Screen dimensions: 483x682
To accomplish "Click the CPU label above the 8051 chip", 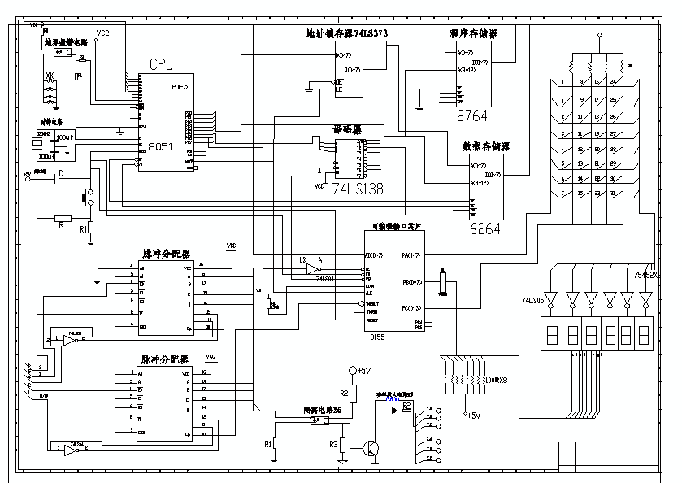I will click(162, 64).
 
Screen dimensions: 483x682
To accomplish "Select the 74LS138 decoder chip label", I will click(357, 187).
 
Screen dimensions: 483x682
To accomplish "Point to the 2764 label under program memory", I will click(472, 115).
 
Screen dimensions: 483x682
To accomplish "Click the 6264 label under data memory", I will click(484, 229).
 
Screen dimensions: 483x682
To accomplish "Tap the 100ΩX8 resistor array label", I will click(496, 380).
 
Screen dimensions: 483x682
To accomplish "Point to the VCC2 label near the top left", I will click(102, 33).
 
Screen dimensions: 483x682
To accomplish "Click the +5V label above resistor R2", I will click(363, 371).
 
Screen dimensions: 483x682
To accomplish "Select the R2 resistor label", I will click(344, 394).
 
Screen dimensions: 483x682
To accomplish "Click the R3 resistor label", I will click(333, 444).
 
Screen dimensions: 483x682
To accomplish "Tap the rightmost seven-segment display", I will click(644, 336).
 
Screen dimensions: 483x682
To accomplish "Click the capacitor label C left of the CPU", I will click(60, 174).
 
